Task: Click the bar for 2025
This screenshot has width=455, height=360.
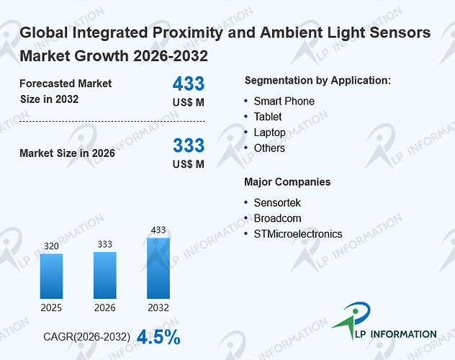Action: point(51,276)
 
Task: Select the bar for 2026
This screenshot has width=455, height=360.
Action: point(105,275)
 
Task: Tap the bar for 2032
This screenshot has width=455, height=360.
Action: point(158,269)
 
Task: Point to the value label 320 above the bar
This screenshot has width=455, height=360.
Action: point(51,246)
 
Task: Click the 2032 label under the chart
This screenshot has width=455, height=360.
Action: point(158,307)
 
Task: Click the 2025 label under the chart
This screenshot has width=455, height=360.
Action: point(51,307)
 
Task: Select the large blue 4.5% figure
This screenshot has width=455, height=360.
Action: point(158,337)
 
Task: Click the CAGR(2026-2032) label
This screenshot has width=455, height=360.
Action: point(87,337)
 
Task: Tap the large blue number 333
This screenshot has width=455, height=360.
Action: point(189,145)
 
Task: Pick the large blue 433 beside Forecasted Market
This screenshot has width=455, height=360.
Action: point(189,84)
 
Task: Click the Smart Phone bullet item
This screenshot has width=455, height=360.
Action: point(284,102)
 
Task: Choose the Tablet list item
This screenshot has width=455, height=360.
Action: point(268,117)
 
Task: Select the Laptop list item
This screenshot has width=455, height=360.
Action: point(269,132)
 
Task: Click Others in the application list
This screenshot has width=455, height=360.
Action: point(269,148)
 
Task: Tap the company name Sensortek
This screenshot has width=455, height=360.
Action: point(277,203)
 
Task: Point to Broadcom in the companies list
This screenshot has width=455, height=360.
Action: point(277,218)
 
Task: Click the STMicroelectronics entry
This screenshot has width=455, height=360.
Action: point(298,234)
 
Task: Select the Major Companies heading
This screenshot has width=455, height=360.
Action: point(287,182)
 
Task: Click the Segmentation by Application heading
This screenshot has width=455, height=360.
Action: point(317,81)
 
